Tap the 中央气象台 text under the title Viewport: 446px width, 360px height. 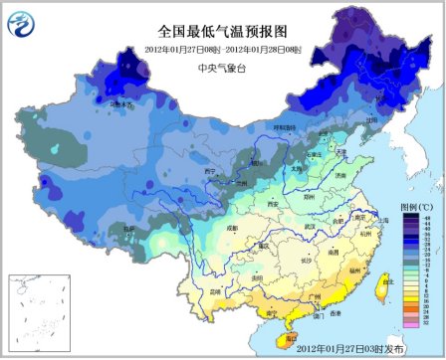tap(222, 68)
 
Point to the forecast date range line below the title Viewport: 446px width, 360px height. tap(222, 48)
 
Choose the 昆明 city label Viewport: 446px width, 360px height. tap(215, 290)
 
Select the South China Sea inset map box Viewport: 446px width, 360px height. tap(37, 311)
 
